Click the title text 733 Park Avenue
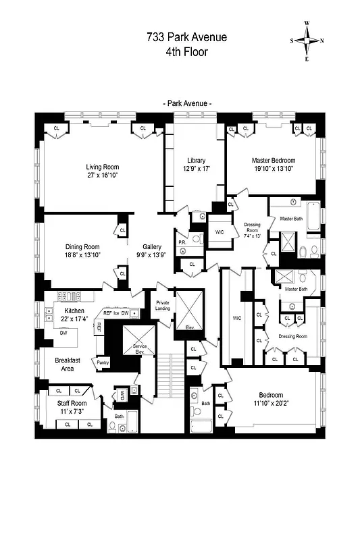coord(186,38)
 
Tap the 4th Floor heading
coord(186,51)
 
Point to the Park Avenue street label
coord(186,103)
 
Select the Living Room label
coord(102,167)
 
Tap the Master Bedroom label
coord(273,161)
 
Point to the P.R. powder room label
coord(182,242)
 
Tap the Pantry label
coord(103,362)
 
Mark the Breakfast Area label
coord(68,364)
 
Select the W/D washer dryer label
coord(122,394)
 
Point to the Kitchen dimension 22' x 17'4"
coord(66,318)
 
